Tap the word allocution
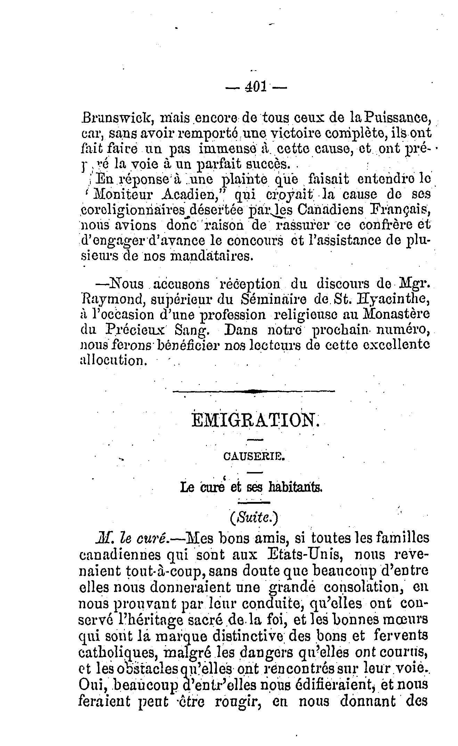tap(112, 360)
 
